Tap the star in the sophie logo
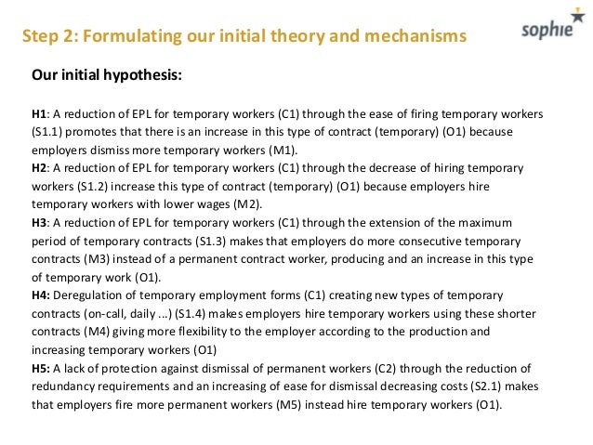(x=574, y=23)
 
